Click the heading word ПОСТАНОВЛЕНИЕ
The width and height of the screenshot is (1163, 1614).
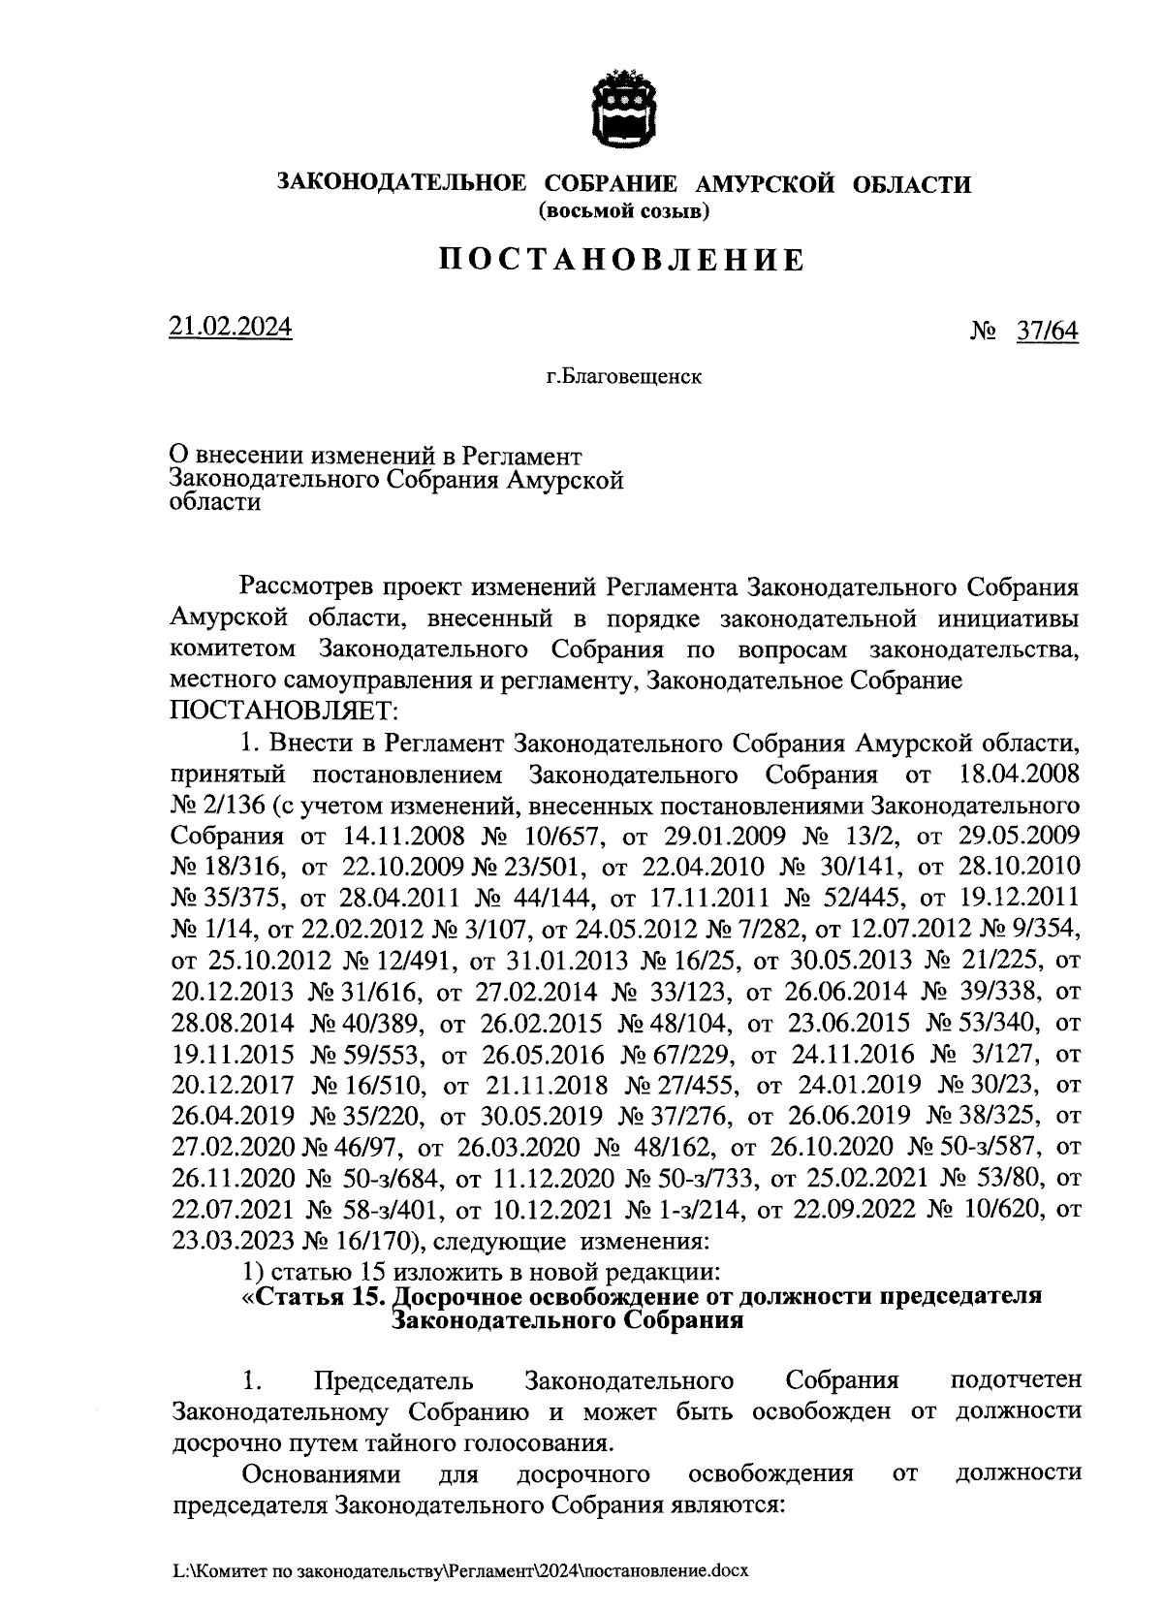tap(623, 260)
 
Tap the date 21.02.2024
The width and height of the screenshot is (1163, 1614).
tap(231, 328)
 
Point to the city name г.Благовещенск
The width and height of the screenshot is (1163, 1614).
tap(623, 376)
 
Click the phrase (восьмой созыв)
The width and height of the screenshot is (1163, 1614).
tap(623, 209)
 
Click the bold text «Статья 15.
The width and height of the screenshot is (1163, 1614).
tap(315, 1296)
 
